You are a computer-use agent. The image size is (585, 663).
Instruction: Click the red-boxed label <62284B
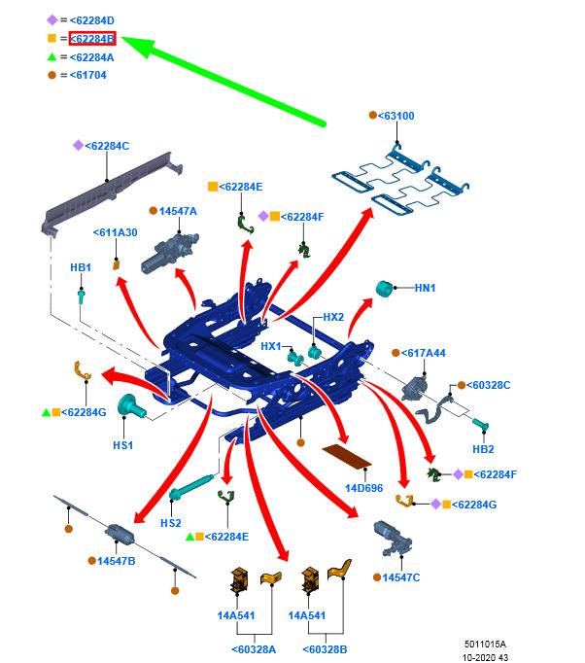pyautogui.click(x=92, y=39)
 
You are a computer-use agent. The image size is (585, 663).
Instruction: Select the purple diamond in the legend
pyautogui.click(x=52, y=19)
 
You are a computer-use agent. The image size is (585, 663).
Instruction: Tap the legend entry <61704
pyautogui.click(x=87, y=75)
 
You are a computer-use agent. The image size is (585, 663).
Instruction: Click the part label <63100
pyautogui.click(x=396, y=116)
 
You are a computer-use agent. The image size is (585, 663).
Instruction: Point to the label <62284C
pyautogui.click(x=107, y=146)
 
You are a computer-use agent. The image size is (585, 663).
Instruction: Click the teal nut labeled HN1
pyautogui.click(x=384, y=289)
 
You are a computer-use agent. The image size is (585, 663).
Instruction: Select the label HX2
pyautogui.click(x=333, y=317)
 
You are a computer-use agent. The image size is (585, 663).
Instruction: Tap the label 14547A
pyautogui.click(x=178, y=211)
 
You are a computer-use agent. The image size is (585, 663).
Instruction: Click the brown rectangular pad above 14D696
pyautogui.click(x=347, y=456)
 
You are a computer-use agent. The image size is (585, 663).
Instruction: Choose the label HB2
pyautogui.click(x=483, y=449)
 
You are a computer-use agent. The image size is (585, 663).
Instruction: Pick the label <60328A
pyautogui.click(x=254, y=649)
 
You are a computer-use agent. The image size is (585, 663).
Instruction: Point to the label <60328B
pyautogui.click(x=325, y=649)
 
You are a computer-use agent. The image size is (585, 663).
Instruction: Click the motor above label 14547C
pyautogui.click(x=393, y=539)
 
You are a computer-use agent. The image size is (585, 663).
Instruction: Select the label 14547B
pyautogui.click(x=117, y=561)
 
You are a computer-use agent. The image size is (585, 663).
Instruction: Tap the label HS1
pyautogui.click(x=123, y=445)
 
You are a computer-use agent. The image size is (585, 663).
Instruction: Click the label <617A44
pyautogui.click(x=423, y=353)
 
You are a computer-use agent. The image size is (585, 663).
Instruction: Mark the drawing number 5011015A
pyautogui.click(x=485, y=644)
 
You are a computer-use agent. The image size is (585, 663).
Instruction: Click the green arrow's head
pyautogui.click(x=137, y=46)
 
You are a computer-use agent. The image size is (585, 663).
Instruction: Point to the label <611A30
pyautogui.click(x=115, y=232)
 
